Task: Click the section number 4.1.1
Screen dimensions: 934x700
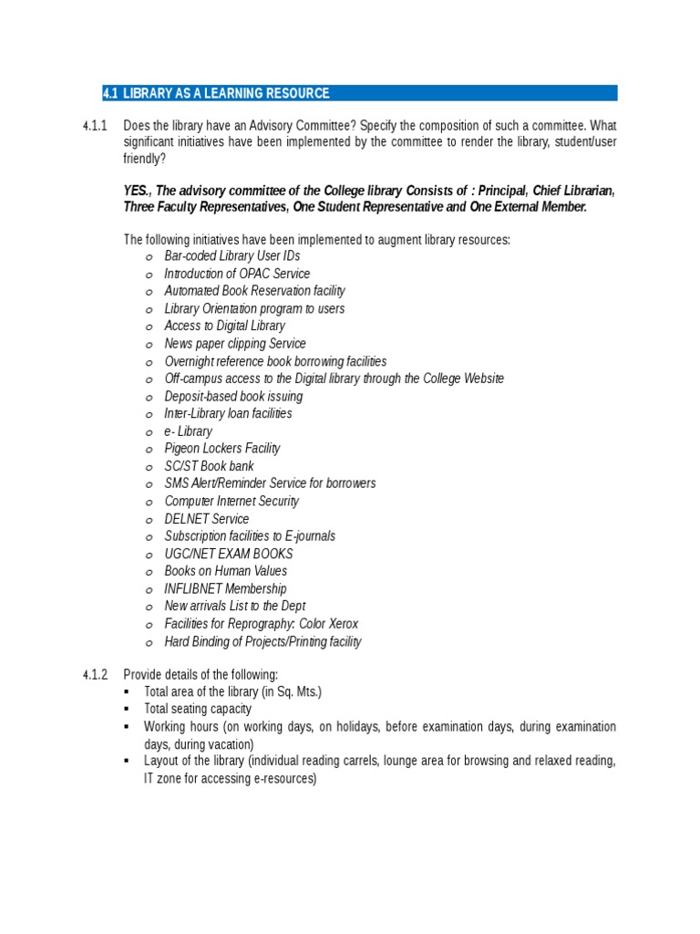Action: click(95, 124)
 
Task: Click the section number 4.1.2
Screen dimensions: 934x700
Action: click(95, 675)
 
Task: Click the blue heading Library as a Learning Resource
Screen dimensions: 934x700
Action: click(226, 93)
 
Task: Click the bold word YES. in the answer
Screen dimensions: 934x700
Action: click(138, 191)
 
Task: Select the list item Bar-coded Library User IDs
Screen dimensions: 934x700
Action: click(232, 256)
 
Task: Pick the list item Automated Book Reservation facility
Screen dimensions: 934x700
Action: click(254, 291)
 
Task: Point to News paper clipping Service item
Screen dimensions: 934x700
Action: click(234, 344)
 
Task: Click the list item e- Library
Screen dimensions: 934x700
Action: click(188, 431)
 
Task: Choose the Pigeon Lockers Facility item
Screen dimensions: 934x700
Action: click(221, 449)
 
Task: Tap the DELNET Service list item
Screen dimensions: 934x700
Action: click(206, 519)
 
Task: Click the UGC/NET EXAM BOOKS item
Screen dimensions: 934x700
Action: click(228, 554)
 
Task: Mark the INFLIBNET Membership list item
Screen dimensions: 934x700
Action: click(225, 589)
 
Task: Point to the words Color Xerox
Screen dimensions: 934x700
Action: click(328, 624)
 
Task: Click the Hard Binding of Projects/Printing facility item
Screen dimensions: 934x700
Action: click(262, 641)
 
